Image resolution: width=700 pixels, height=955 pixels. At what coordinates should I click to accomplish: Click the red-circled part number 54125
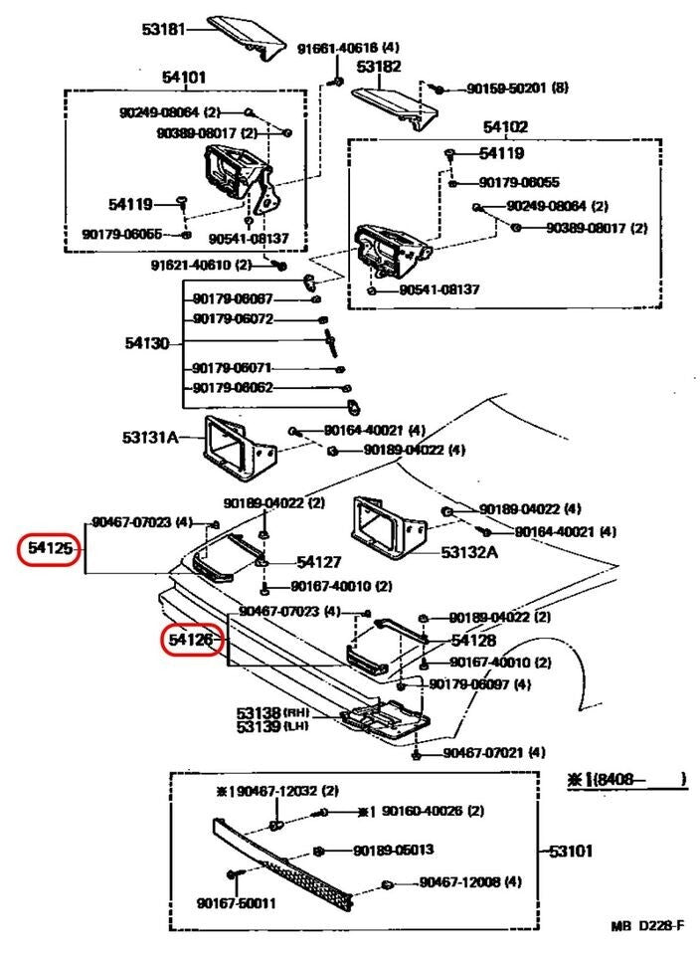click(49, 548)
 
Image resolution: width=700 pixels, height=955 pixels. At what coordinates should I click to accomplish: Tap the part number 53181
click(163, 30)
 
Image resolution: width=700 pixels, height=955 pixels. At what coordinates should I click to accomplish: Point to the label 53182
click(379, 68)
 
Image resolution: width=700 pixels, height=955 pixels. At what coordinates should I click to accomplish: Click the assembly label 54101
click(184, 77)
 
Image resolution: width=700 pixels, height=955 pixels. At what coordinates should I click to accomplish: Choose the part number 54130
click(146, 343)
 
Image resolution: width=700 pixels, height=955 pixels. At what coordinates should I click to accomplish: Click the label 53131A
click(151, 437)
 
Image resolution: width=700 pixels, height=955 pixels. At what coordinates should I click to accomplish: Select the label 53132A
click(469, 551)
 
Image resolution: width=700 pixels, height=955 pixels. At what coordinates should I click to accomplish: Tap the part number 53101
click(571, 851)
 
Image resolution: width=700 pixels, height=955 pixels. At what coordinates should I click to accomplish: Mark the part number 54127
click(318, 562)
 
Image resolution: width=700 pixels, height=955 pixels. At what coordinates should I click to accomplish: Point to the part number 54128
click(473, 641)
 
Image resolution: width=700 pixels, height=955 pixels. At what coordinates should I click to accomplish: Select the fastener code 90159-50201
click(509, 89)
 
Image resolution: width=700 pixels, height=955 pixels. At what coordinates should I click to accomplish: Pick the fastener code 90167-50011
click(236, 903)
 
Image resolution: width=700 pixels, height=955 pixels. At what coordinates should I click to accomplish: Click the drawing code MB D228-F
click(647, 926)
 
